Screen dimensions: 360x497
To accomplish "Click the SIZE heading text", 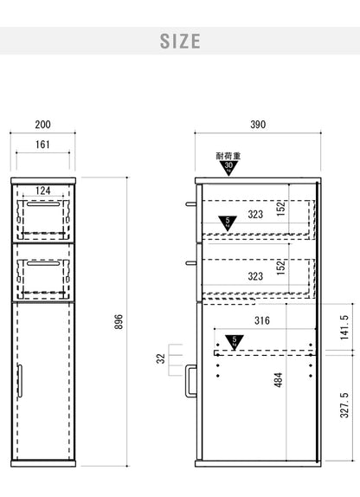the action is pos(180,42).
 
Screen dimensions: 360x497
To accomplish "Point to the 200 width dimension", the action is pos(42,125).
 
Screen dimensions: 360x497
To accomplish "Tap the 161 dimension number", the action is pos(42,145).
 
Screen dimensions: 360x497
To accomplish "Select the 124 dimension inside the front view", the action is pos(42,190).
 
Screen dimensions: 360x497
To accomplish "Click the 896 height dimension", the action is pos(119,322).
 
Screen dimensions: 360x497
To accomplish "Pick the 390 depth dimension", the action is pos(258,125).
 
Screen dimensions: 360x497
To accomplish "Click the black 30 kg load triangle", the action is pos(228,168).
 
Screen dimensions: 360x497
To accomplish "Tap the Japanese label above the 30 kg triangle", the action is pos(228,156).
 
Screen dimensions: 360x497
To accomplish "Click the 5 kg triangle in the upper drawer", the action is pos(228,223).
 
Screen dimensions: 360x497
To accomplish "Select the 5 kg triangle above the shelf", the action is pos(235,342).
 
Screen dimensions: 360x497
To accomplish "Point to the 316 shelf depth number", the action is pos(262,320).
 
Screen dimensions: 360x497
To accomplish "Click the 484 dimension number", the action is pos(278,380).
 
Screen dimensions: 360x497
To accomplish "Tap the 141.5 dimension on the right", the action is pos(344,327).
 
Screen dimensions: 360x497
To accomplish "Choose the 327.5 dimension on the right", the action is pos(344,405).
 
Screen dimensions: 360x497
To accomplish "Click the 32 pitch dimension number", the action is pos(161,358).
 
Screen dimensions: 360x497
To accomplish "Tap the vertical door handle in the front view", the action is pos(20,380).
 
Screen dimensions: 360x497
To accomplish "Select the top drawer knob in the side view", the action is pos(191,203).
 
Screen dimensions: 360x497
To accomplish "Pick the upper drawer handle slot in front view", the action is pos(43,204).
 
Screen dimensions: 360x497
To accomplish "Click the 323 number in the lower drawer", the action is pos(255,276).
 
